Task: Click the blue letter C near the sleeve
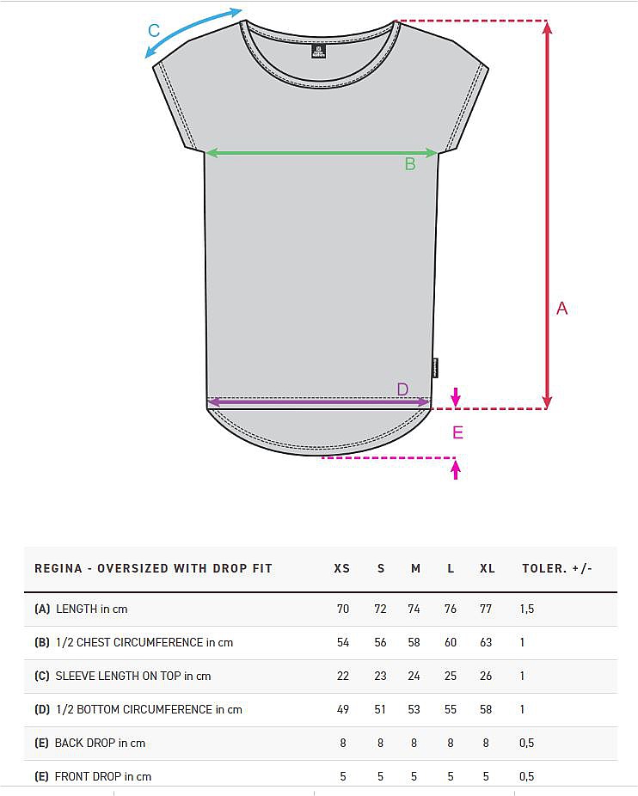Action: pos(154,30)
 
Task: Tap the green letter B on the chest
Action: pos(410,164)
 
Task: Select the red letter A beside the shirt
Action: pos(561,308)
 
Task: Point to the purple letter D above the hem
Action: pos(402,389)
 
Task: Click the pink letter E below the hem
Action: pos(457,432)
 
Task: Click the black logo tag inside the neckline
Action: pos(318,52)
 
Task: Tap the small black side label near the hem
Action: pos(435,369)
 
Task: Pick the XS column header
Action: pos(342,568)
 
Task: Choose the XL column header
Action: pos(488,568)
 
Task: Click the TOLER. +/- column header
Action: pos(556,568)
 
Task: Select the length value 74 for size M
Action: pos(414,609)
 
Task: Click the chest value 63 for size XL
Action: pos(486,642)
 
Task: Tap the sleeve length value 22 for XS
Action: pos(343,676)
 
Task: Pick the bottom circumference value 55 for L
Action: pos(451,709)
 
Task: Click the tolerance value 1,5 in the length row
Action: pos(527,609)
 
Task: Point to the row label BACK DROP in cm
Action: pos(100,743)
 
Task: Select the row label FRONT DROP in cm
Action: pos(103,776)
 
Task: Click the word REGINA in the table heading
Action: pos(58,568)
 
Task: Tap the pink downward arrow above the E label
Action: pos(456,397)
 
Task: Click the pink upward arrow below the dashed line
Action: pos(456,469)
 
